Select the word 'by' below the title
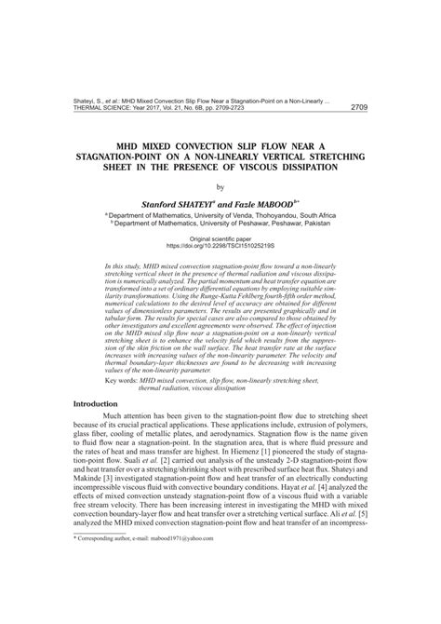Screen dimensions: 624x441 [220, 187]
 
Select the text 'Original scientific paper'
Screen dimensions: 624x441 [220, 239]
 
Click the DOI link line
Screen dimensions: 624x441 [220, 247]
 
